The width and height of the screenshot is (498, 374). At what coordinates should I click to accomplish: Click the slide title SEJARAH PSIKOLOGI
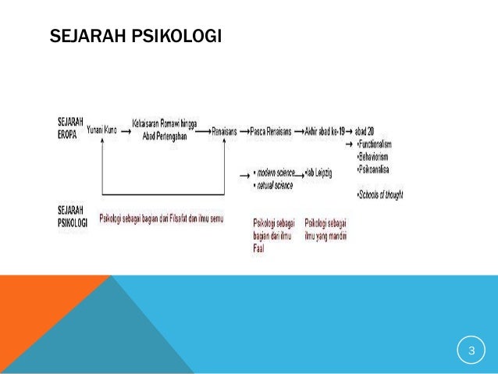point(135,37)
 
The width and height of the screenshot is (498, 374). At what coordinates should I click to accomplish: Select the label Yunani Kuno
point(102,130)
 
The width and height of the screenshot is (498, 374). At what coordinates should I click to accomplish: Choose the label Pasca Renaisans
point(271,132)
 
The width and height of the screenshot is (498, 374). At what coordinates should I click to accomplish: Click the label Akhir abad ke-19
point(324,132)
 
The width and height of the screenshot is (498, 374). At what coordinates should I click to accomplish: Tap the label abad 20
point(365,132)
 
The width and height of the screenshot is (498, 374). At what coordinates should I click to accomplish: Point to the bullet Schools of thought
point(380,194)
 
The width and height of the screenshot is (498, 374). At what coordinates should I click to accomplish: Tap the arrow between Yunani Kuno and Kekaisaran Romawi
point(125,132)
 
